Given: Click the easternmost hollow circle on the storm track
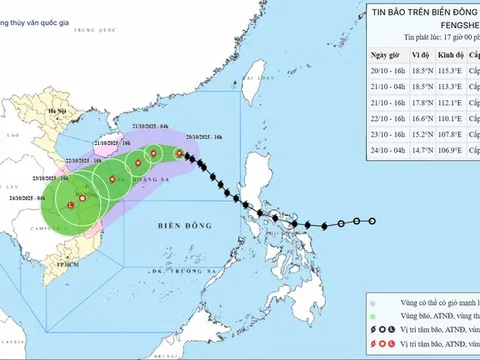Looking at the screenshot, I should [x=372, y=221].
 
